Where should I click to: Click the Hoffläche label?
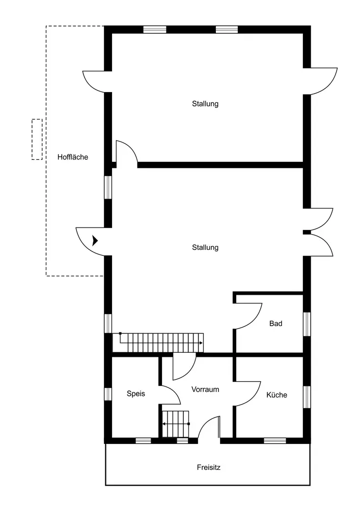click(73, 157)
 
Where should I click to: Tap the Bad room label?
click(275, 323)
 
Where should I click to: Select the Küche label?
click(276, 395)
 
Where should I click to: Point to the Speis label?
click(135, 394)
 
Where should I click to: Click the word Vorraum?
click(205, 389)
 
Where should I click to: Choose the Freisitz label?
click(208, 467)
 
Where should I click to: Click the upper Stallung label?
click(205, 104)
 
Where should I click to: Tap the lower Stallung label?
click(205, 247)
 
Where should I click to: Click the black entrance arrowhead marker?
click(95, 241)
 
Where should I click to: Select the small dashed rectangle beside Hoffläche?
click(37, 139)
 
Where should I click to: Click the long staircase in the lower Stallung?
click(158, 343)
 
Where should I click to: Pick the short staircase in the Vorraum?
click(176, 424)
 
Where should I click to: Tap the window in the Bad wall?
click(307, 324)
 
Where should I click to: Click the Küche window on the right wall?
click(307, 397)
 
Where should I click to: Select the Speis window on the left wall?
click(108, 394)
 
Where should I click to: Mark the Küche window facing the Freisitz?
click(275, 440)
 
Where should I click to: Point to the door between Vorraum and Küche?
click(254, 399)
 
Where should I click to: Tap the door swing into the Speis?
click(174, 392)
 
